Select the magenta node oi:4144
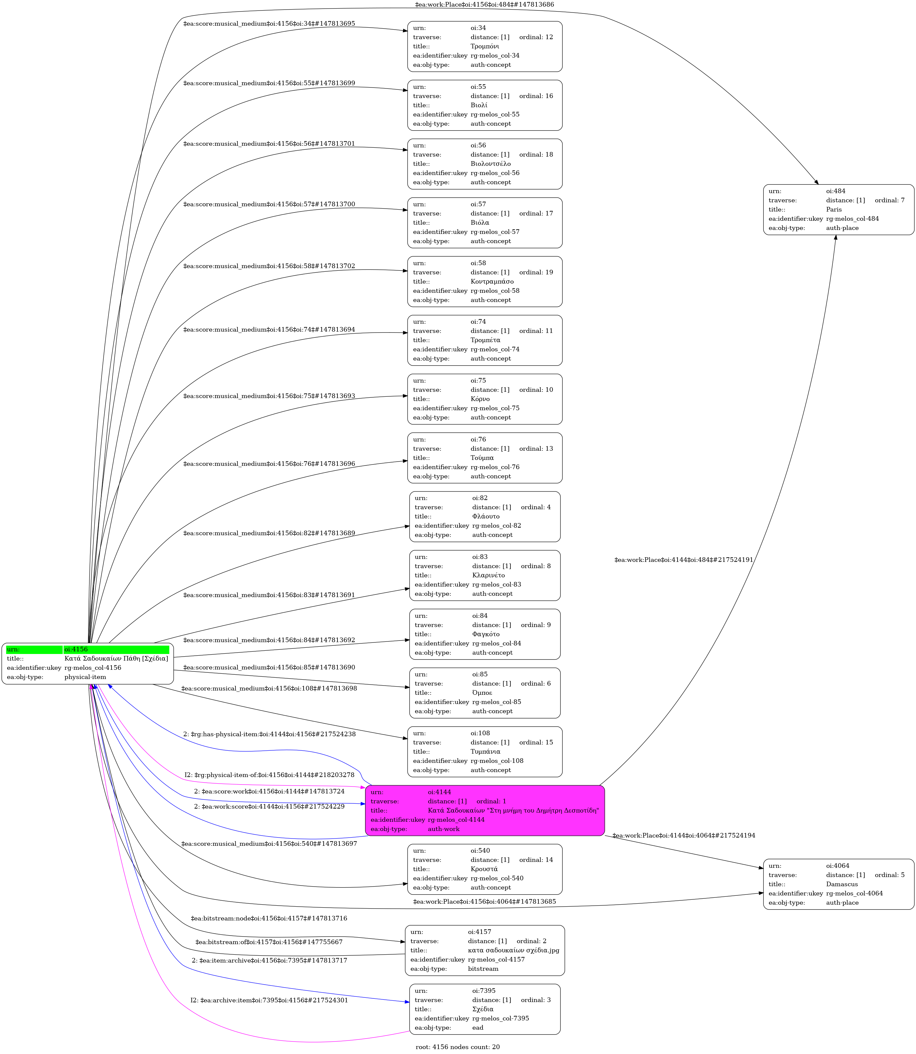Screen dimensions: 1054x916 coord(484,811)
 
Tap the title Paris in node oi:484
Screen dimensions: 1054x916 coord(834,210)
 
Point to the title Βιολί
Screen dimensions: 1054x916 coord(479,105)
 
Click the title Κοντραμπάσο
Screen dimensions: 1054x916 coord(492,282)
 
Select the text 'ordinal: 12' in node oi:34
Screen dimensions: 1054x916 coord(536,37)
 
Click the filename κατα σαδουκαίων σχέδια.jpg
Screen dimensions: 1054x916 coord(513,950)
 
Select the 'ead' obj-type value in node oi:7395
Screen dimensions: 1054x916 coord(478,1027)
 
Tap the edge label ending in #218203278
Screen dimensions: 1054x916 coord(269,775)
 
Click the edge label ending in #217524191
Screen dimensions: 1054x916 coord(683,560)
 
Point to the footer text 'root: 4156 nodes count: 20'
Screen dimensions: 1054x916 coord(458,1047)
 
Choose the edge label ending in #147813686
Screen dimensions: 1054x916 coord(484,5)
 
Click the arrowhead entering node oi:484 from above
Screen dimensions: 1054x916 coord(816,182)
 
